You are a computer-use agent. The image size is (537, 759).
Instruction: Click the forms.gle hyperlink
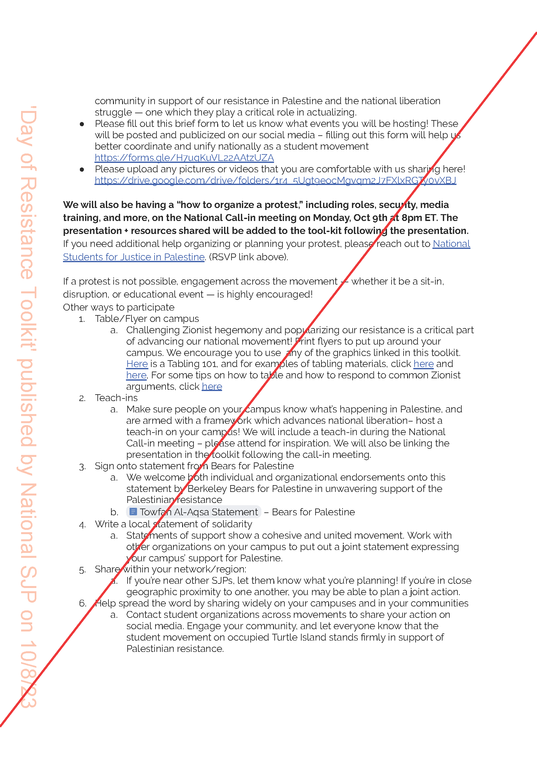[x=184, y=158]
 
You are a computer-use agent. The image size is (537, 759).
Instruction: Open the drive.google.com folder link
[x=275, y=180]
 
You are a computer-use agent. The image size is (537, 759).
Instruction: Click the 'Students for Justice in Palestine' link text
[x=133, y=257]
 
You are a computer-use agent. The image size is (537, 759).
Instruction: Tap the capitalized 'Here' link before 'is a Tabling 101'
[x=137, y=364]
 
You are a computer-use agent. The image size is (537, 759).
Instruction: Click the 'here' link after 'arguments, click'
[x=212, y=386]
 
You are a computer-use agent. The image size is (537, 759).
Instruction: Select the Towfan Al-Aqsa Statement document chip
[x=194, y=512]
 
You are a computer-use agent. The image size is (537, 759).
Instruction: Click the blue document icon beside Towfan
[x=133, y=512]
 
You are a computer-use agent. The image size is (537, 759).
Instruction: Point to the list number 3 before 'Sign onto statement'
[x=82, y=467]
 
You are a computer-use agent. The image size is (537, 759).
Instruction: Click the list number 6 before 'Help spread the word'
[x=82, y=604]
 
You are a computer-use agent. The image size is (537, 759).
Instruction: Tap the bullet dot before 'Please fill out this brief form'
[x=82, y=124]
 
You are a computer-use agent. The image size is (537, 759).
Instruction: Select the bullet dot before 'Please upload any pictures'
[x=82, y=170]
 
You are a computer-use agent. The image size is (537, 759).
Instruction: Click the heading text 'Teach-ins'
[x=116, y=398]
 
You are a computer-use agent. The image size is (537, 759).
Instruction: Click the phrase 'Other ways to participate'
[x=119, y=307]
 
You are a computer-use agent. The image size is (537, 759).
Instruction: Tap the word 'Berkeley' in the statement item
[x=207, y=489]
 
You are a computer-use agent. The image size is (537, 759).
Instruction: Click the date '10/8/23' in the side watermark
[x=28, y=674]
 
